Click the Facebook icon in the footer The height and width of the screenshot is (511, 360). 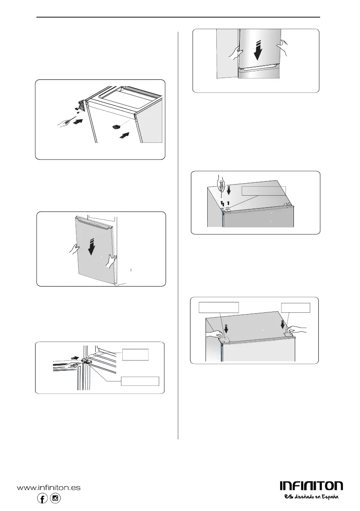click(x=42, y=499)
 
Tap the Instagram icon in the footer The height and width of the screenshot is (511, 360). click(x=55, y=499)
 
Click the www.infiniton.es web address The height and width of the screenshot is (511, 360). click(x=48, y=488)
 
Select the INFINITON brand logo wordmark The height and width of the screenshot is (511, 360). click(x=311, y=486)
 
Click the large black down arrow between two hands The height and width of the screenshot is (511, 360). click(x=256, y=49)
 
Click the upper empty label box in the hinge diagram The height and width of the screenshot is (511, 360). click(x=135, y=354)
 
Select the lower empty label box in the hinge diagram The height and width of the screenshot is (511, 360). click(x=140, y=380)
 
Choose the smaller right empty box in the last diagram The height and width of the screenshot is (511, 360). click(x=295, y=308)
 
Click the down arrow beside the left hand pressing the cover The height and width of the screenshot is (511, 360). click(x=227, y=328)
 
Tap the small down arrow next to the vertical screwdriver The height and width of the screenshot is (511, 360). click(x=229, y=189)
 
